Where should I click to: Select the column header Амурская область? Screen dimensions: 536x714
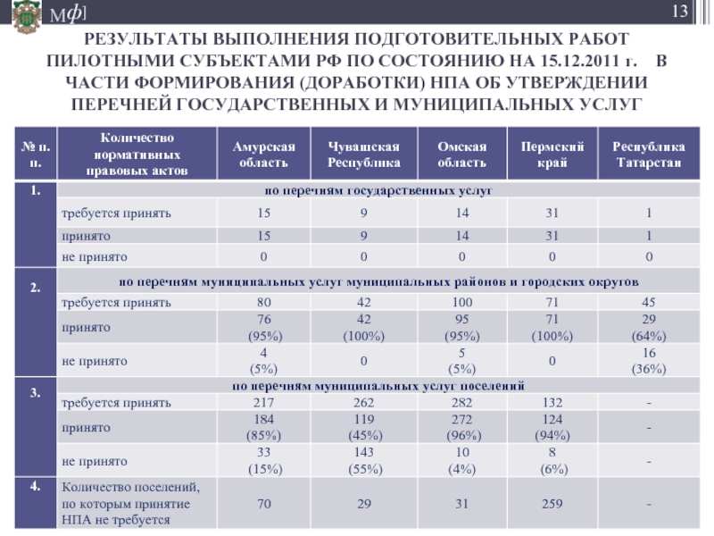tap(263, 155)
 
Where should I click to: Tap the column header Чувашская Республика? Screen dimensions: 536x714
tap(363, 155)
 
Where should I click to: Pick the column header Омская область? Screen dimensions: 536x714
tap(461, 155)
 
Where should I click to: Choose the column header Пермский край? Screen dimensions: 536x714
tap(552, 155)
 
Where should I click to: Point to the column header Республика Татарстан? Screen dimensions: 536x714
tap(649, 155)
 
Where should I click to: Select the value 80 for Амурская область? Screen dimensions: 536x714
tap(263, 303)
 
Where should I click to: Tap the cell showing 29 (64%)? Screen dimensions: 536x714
tap(649, 327)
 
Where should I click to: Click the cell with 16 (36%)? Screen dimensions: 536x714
tap(649, 361)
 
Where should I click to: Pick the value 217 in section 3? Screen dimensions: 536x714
tap(263, 404)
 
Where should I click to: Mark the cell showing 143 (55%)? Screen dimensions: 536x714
tap(363, 462)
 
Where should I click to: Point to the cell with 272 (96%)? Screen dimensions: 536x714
tap(461, 428)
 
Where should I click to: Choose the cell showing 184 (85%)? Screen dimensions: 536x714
tap(263, 428)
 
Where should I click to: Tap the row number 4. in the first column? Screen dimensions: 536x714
tap(34, 488)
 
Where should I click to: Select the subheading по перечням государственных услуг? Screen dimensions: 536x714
tap(376, 191)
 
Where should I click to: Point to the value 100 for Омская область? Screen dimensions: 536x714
tap(461, 303)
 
